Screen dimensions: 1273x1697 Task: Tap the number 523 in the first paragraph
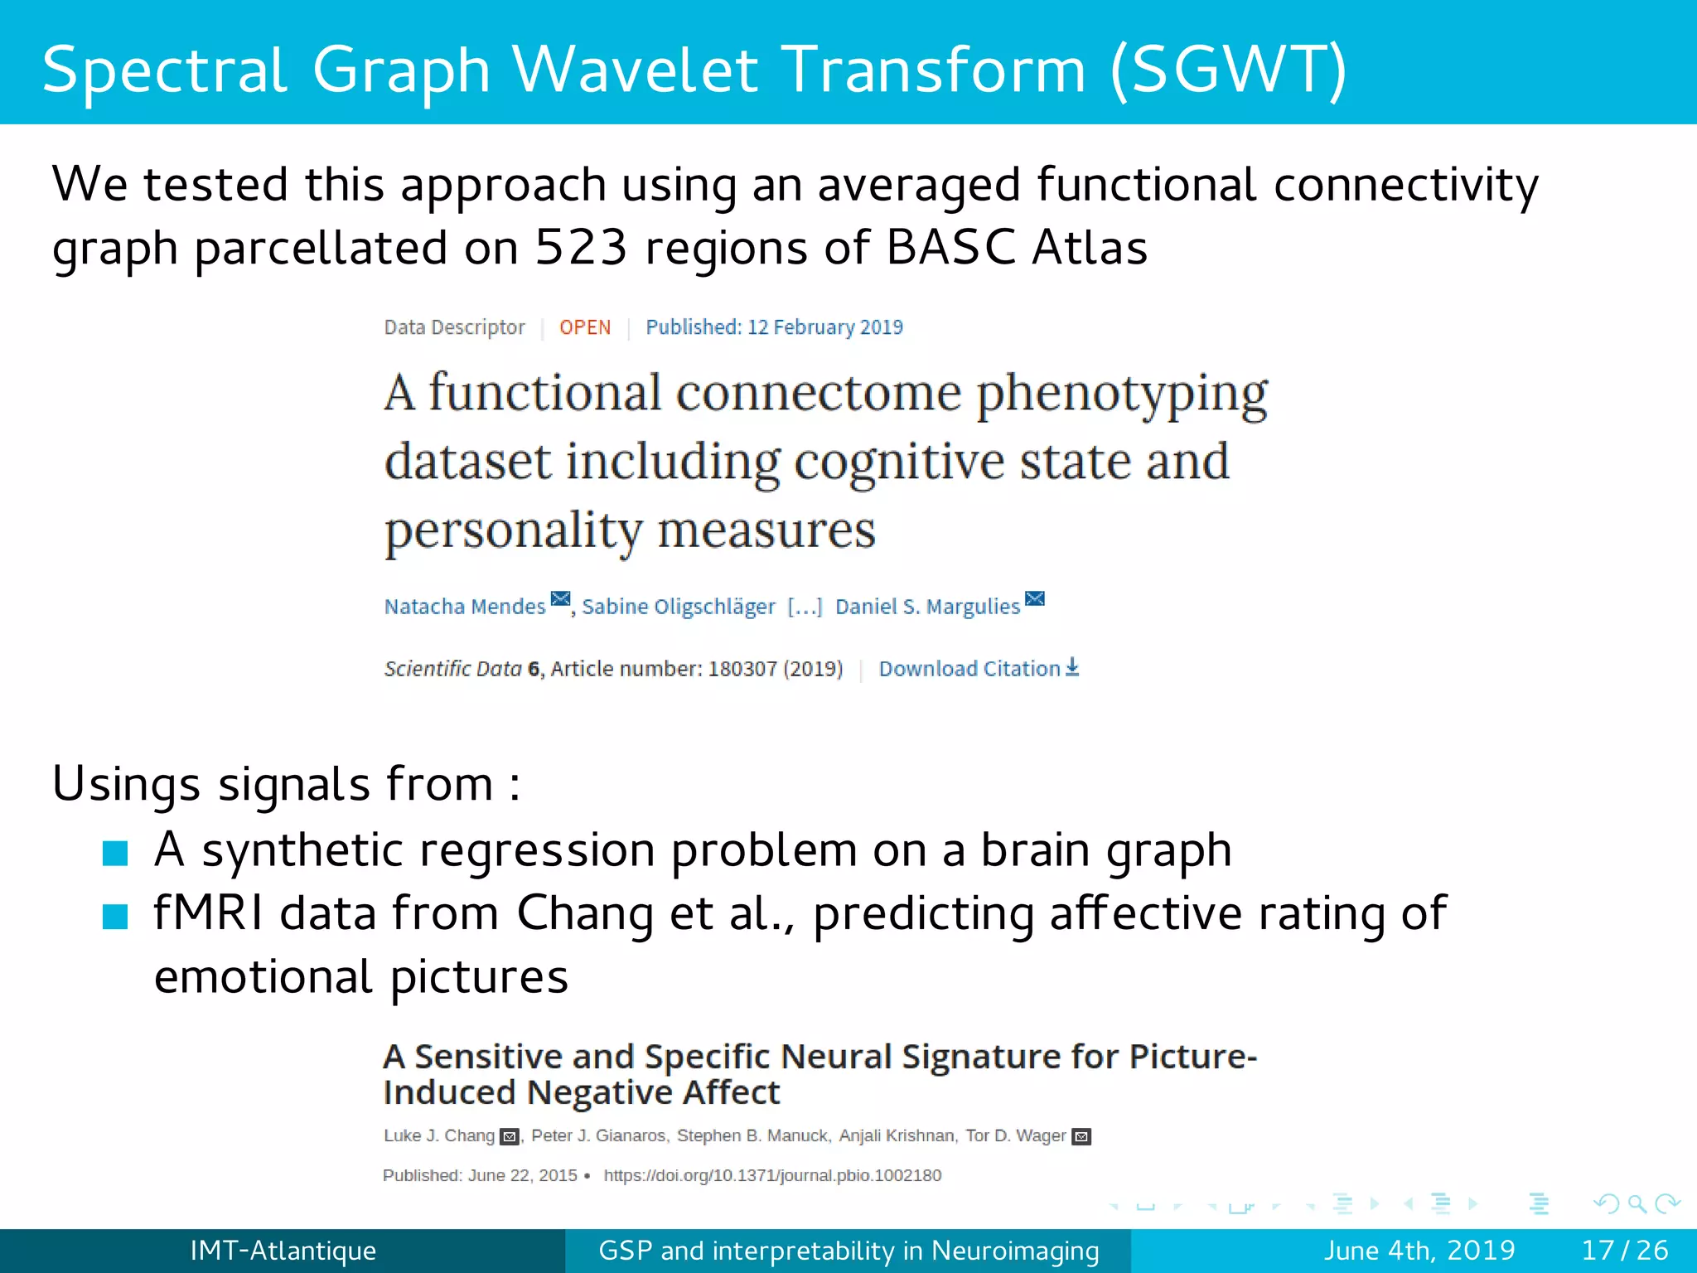pos(581,248)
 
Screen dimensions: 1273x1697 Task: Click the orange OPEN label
pos(585,327)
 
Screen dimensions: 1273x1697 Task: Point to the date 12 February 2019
pos(824,327)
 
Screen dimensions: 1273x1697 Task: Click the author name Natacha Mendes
pos(465,607)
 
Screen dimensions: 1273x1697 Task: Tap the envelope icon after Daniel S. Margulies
pos(1035,599)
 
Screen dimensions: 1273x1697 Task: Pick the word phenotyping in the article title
pos(1122,394)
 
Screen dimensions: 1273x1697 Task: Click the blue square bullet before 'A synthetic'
pos(115,853)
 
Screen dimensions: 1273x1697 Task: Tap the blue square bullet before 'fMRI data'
pos(115,917)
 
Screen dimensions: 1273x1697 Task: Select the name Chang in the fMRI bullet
pos(585,914)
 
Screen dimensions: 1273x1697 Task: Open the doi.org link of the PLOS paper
pos(772,1175)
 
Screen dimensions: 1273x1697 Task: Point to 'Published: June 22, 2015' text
pos(480,1175)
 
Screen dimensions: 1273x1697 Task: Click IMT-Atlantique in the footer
pos(283,1250)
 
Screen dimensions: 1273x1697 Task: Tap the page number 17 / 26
pos(1624,1250)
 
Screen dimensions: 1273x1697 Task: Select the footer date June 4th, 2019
pos(1419,1250)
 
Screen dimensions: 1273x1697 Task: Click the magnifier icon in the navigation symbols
pos(1637,1203)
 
